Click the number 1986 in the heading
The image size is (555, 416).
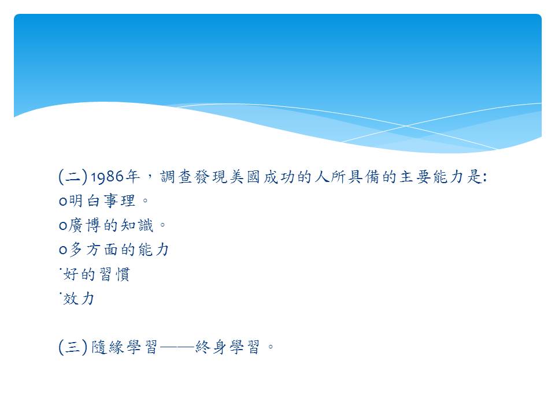pos(108,177)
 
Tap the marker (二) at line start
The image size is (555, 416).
pos(73,177)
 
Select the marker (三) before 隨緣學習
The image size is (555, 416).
pos(73,347)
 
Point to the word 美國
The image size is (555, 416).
pos(245,177)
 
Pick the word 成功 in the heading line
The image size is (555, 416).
pos(279,177)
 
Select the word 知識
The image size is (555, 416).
pos(138,225)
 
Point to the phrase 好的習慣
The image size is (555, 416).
pos(97,274)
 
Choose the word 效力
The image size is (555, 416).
pos(79,299)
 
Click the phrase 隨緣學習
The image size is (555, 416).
pos(124,347)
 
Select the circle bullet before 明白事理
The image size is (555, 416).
pos(63,202)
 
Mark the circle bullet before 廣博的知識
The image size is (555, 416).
pos(63,226)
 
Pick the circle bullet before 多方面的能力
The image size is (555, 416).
pos(63,250)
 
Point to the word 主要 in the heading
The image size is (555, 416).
pos(415,177)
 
